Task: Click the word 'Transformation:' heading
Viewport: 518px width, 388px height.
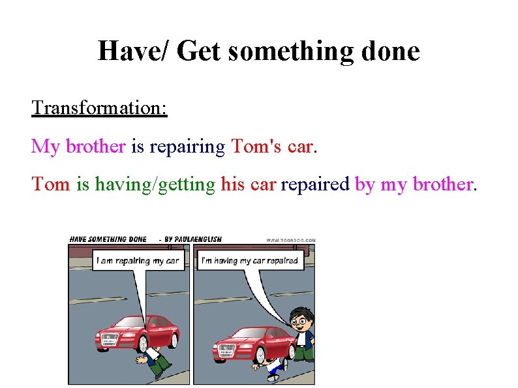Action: [x=99, y=107]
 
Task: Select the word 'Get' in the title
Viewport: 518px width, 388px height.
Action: [x=198, y=51]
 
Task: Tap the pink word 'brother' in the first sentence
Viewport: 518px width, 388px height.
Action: [x=95, y=146]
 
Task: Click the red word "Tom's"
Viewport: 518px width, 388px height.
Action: [x=256, y=146]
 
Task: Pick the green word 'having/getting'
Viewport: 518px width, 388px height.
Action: [x=155, y=185]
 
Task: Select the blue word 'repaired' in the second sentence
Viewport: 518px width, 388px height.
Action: [x=315, y=185]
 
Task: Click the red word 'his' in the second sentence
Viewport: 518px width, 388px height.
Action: [x=234, y=185]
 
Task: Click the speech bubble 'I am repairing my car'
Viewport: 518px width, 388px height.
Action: [x=138, y=261]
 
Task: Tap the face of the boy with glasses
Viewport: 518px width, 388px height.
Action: [x=299, y=320]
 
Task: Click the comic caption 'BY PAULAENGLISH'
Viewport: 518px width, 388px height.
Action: [x=192, y=239]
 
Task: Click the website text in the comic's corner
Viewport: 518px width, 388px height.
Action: [x=290, y=240]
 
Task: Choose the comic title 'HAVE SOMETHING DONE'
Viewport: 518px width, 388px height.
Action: [x=108, y=239]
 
